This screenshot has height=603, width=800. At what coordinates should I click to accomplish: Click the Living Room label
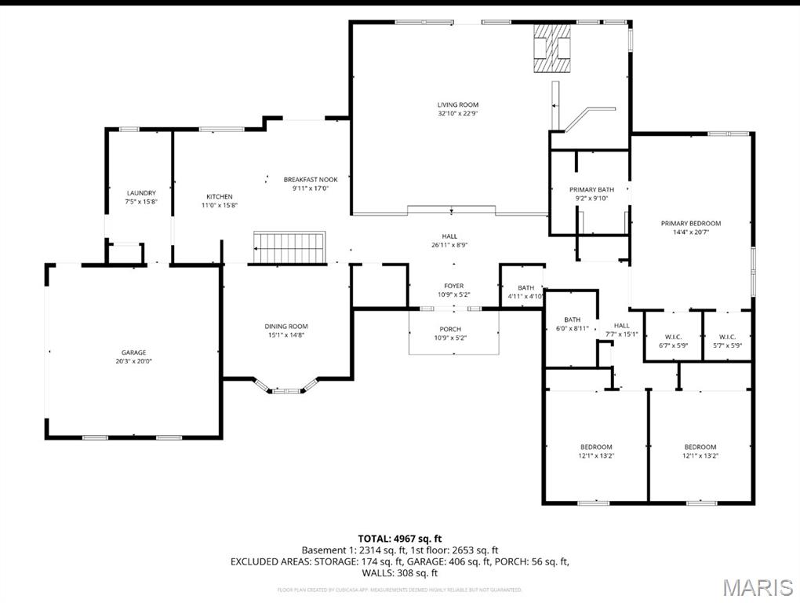[x=458, y=104]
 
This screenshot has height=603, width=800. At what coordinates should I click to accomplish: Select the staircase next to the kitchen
[x=289, y=247]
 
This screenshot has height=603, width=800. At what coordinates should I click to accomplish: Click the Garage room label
[x=133, y=353]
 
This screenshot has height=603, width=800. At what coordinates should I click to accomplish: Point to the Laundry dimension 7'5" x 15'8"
[x=141, y=202]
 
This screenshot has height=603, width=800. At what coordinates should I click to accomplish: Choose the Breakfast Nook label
[x=311, y=180]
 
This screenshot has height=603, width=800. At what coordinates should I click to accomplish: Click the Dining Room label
[x=285, y=326]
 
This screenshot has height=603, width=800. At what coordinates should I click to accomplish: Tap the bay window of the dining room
[x=285, y=388]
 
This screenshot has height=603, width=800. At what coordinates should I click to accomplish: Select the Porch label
[x=450, y=329]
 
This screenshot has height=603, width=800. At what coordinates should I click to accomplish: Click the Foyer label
[x=453, y=286]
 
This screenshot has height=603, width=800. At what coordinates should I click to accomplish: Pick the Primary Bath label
[x=591, y=189]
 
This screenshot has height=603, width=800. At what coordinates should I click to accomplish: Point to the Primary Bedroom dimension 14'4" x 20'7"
[x=690, y=232]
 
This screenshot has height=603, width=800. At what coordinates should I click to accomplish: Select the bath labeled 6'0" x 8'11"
[x=572, y=324]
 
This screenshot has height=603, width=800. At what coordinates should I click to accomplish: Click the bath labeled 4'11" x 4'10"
[x=525, y=292]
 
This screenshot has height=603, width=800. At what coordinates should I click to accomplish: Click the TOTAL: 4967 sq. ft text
[x=399, y=539]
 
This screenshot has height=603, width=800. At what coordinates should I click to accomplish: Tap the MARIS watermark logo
[x=757, y=587]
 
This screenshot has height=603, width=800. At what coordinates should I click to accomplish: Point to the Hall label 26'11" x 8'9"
[x=449, y=240]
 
